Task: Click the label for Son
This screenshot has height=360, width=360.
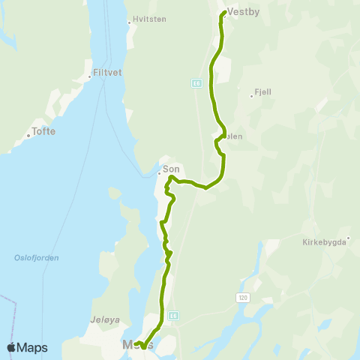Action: [171, 169]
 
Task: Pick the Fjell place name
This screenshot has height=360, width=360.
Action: [262, 91]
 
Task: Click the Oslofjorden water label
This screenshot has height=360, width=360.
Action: [36, 257]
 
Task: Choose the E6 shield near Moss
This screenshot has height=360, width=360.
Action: [172, 316]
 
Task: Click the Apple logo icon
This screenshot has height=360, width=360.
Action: [12, 347]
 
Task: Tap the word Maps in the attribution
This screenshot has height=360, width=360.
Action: [33, 347]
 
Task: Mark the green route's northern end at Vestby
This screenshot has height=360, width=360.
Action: [223, 13]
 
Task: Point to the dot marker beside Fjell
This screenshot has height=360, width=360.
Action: [251, 96]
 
